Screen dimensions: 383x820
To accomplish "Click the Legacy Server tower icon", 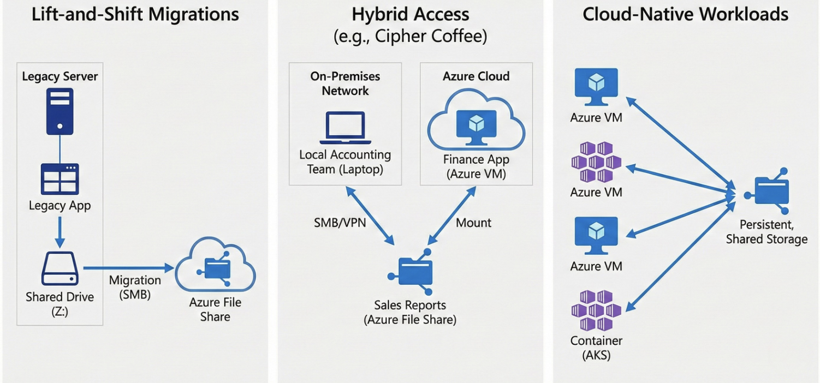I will [x=60, y=111].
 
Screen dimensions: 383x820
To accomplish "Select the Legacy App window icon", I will [x=60, y=178].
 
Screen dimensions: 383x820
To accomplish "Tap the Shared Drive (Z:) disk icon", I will [x=60, y=268].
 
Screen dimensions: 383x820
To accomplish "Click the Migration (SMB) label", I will [x=135, y=287].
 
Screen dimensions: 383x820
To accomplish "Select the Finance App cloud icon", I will [x=476, y=123].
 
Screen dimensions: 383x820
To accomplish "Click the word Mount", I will [x=473, y=223].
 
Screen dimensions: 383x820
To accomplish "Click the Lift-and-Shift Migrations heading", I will [x=135, y=14].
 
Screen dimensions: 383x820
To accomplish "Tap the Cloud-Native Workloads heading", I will [x=685, y=14].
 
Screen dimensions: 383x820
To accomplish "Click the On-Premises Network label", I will [x=345, y=83].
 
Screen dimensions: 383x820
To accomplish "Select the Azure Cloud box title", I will [x=476, y=76].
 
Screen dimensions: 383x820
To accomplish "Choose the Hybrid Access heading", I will [x=411, y=14].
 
